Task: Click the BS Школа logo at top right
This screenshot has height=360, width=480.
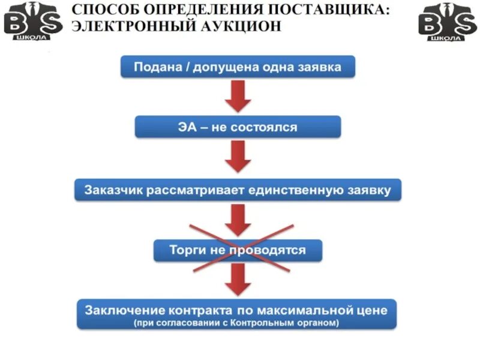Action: point(446,20)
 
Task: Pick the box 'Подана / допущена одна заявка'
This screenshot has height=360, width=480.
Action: point(238,67)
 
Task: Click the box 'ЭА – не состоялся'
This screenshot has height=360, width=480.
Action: point(238,127)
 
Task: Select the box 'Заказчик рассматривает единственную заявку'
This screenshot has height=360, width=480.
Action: point(238,190)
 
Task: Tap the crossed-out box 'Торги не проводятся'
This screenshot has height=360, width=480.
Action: point(238,250)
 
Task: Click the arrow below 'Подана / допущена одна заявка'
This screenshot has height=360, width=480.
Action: point(238,95)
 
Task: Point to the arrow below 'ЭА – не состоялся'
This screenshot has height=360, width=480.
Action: point(238,158)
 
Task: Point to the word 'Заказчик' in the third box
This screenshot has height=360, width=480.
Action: point(109,191)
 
